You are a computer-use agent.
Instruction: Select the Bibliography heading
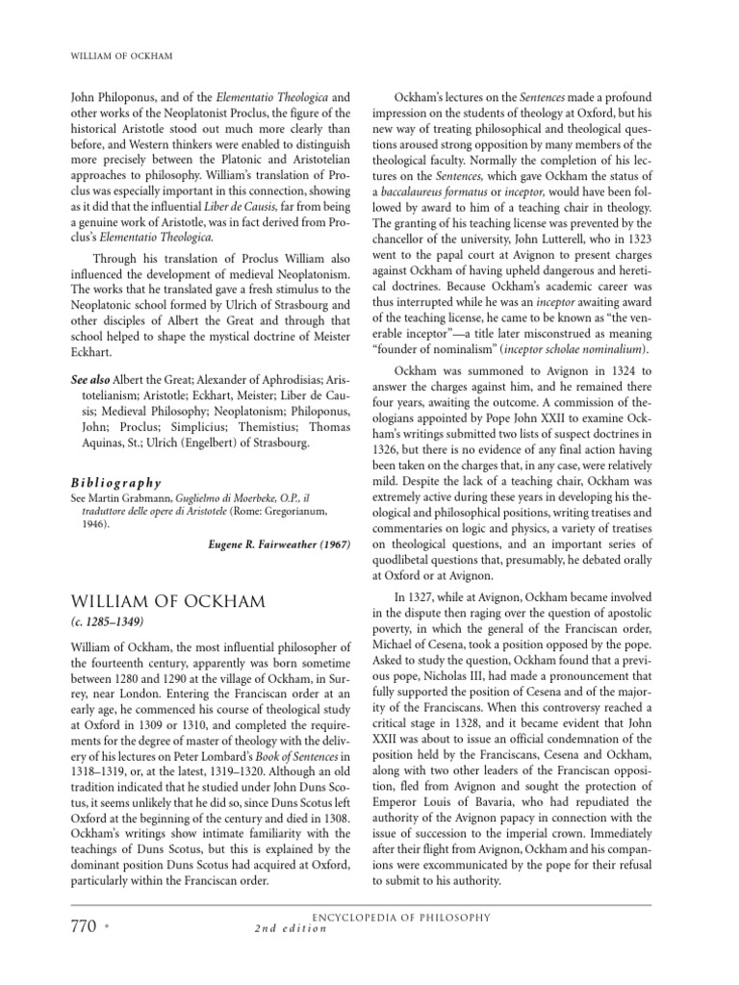click(x=116, y=483)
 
